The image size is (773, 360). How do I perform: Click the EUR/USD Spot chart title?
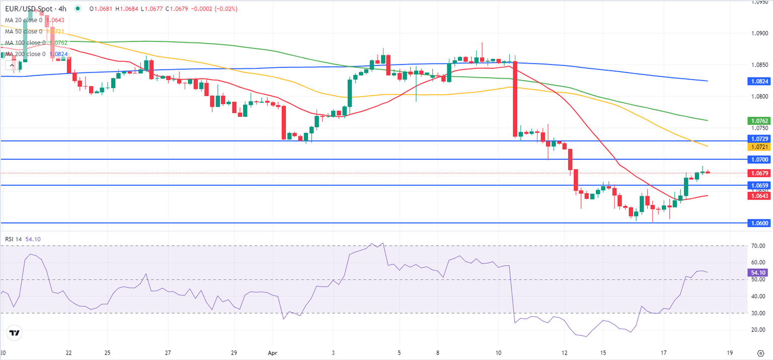click(35, 9)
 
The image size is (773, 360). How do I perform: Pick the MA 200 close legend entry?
click(25, 54)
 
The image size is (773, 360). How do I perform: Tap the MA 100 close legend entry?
click(25, 43)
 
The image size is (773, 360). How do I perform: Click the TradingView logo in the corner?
click(15, 333)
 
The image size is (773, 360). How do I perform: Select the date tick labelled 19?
click(729, 352)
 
